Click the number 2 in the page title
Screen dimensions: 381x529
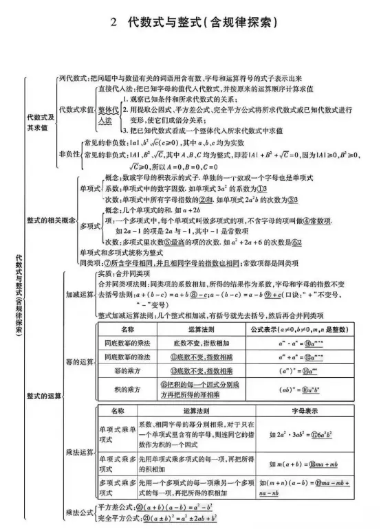(115, 22)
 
